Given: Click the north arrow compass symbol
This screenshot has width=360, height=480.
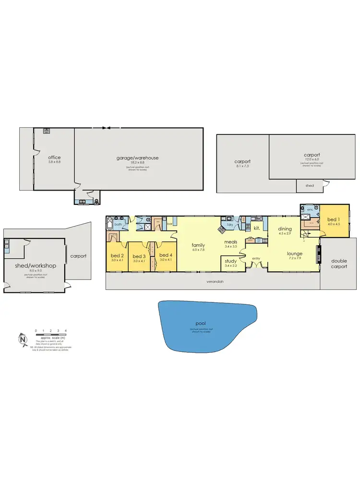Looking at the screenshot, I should (23, 338).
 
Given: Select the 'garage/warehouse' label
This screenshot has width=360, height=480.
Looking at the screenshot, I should (137, 157).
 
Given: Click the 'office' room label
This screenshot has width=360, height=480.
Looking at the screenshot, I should (54, 157).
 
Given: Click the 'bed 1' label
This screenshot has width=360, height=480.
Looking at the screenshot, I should (333, 219).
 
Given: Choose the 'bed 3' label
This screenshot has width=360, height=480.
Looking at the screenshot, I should (139, 256).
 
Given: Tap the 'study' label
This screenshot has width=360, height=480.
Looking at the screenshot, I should (231, 261).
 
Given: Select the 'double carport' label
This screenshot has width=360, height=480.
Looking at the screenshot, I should (340, 264).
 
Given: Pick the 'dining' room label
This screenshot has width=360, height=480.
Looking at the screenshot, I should (285, 229).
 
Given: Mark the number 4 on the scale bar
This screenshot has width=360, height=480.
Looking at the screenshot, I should (66, 331).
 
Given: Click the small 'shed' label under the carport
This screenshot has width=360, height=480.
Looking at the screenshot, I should (310, 185).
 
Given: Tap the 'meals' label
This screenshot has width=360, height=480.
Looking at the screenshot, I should (231, 242).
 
